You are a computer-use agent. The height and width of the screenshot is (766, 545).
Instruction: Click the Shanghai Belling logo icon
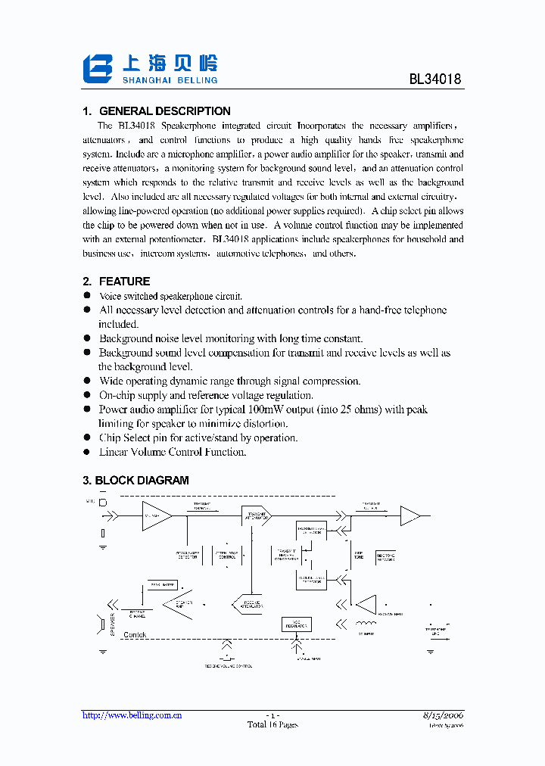(98, 68)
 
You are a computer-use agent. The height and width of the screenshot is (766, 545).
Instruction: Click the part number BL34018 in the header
(435, 78)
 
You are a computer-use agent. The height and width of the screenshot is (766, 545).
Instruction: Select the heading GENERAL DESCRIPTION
(165, 111)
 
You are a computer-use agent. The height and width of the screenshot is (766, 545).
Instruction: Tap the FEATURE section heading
(124, 282)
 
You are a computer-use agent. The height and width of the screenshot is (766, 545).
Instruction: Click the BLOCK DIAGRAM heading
(142, 481)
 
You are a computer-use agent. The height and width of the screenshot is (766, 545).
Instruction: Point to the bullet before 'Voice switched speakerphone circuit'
(87, 297)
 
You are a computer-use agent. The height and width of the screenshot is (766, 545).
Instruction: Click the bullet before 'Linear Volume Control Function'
(87, 452)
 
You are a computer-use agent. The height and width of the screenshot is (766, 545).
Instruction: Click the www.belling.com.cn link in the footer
(132, 715)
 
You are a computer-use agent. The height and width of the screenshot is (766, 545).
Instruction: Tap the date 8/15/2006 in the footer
(443, 715)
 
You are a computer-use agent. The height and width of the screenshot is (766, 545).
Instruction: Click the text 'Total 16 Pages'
(272, 724)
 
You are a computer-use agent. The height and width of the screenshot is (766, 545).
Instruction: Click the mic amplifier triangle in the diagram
(155, 515)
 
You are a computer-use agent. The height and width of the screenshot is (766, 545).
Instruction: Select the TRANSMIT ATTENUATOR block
(256, 515)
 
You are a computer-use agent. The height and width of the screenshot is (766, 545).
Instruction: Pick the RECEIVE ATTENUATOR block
(247, 604)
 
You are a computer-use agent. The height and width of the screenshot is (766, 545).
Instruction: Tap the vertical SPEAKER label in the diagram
(112, 624)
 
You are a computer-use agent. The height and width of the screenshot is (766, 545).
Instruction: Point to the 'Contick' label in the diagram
(135, 635)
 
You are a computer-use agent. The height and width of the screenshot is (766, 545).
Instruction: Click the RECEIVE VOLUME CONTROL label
(228, 666)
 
